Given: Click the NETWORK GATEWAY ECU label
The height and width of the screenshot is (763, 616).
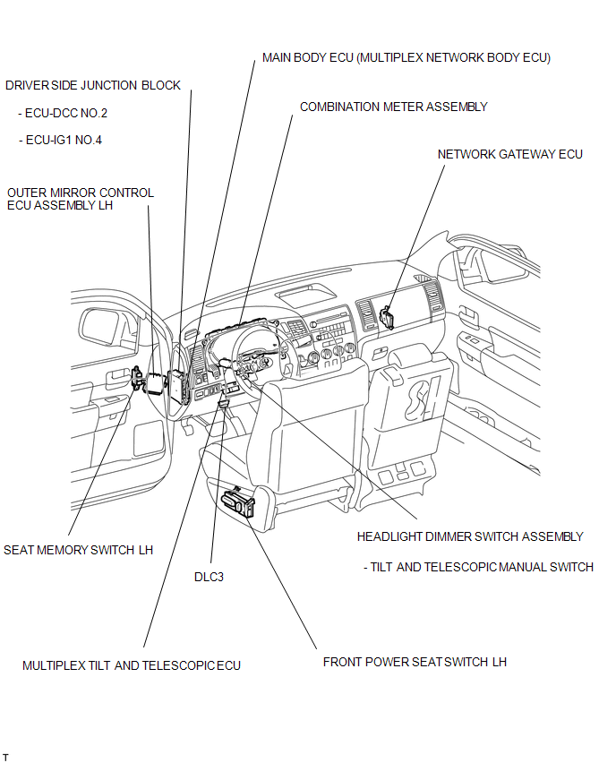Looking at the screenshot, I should pos(509,154).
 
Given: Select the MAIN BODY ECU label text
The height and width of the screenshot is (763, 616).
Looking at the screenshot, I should pos(406,57).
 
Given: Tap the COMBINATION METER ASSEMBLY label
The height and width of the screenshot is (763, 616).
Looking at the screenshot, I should pos(393,107).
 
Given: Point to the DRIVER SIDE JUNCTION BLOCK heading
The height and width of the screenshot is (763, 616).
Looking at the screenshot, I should pos(93,86).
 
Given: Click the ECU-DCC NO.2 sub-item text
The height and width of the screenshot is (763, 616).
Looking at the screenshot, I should pos(63,114).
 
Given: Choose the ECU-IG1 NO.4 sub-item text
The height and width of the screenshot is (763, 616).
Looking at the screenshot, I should pos(63,141).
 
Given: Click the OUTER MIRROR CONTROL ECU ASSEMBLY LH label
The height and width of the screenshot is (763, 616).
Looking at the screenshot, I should pos(80,199).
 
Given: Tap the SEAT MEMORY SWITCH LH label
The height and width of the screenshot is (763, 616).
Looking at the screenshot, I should pos(78,550).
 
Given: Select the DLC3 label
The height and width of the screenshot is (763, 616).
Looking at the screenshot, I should pos(209,577).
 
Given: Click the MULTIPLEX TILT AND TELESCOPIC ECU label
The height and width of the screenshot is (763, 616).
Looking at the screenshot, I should pos(132,665).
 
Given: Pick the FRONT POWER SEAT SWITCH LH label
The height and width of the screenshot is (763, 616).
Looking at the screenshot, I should pos(415,662).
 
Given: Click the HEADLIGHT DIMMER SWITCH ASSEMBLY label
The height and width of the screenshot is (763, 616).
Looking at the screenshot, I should pos(470,536).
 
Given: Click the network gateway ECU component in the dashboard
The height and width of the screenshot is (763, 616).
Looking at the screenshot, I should pos(388,317).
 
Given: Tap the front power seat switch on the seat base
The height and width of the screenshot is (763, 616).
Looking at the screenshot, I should pos(240,502).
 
